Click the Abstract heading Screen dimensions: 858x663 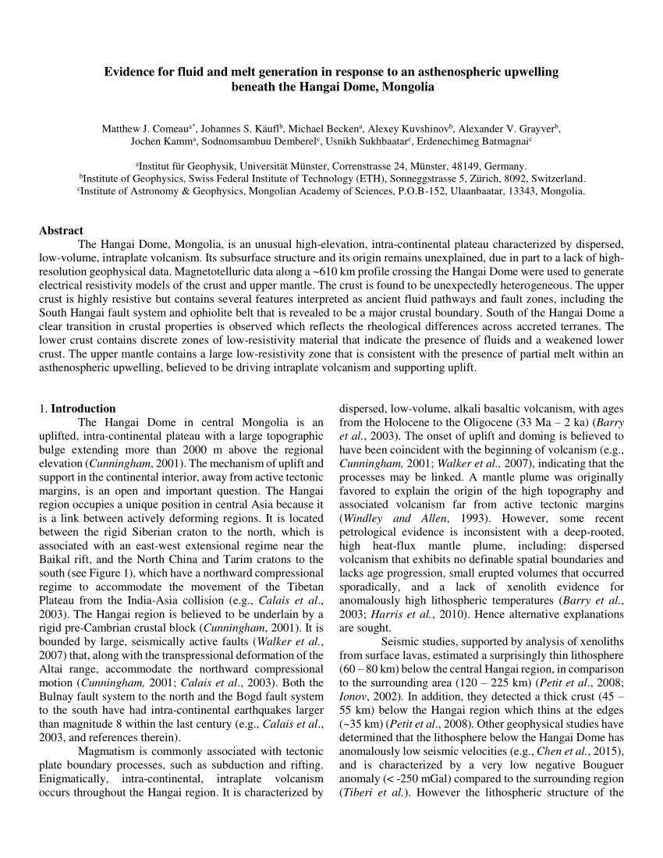[61, 230]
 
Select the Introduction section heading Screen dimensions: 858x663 [83, 408]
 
